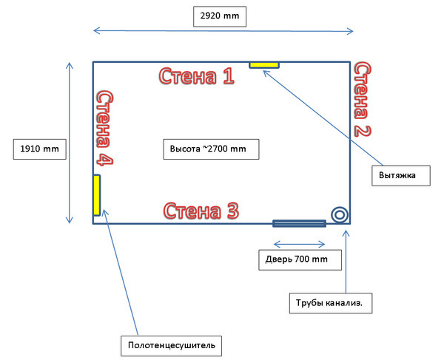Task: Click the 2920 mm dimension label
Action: (220, 15)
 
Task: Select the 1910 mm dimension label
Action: (39, 149)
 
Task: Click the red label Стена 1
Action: (197, 75)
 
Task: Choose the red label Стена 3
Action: (201, 211)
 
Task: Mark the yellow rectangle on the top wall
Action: (264, 65)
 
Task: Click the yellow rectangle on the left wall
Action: (96, 194)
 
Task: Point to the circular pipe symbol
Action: (340, 214)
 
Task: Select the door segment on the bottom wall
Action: (300, 223)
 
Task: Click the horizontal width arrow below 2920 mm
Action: (223, 31)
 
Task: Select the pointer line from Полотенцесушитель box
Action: (121, 273)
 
